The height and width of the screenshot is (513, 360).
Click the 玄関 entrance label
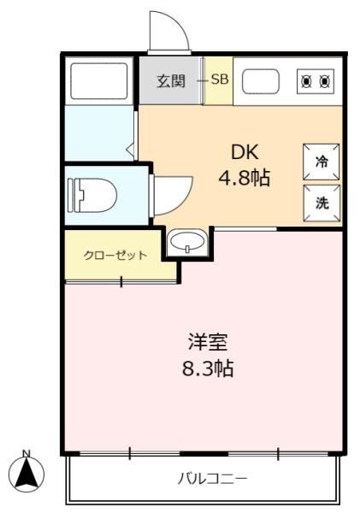pyautogui.click(x=171, y=81)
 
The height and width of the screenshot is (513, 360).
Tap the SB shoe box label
pyautogui.click(x=219, y=80)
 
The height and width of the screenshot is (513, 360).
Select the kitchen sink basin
pyautogui.click(x=261, y=81)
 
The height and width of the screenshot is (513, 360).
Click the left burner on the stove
pyautogui.click(x=306, y=81)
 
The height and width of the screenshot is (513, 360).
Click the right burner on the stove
pyautogui.click(x=325, y=81)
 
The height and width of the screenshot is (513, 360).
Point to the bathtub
pyautogui.click(x=99, y=81)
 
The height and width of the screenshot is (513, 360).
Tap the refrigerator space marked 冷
pyautogui.click(x=321, y=162)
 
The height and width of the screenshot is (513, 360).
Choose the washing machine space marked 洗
pyautogui.click(x=322, y=203)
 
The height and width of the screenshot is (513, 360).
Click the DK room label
pyautogui.click(x=245, y=152)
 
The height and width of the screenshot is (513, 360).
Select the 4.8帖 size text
pyautogui.click(x=245, y=178)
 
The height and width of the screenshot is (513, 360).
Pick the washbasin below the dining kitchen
pyautogui.click(x=188, y=242)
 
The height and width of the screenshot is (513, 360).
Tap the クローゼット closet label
pyautogui.click(x=115, y=255)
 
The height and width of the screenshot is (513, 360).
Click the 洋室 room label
pyautogui.click(x=208, y=342)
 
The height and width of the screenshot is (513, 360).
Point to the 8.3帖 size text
pyautogui.click(x=208, y=369)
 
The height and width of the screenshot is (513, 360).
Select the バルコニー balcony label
pyautogui.click(x=212, y=479)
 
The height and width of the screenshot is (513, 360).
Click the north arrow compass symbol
pyautogui.click(x=27, y=474)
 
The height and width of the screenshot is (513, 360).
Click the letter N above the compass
pyautogui.click(x=27, y=453)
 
